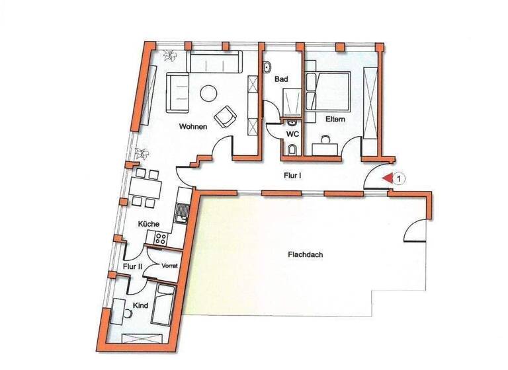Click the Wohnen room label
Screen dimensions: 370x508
tap(194, 126)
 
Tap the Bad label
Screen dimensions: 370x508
tap(281, 79)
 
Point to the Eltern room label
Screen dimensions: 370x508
tap(335, 120)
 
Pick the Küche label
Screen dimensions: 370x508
tap(149, 224)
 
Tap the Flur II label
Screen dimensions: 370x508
tap(133, 266)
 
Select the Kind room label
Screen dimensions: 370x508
tap(140, 305)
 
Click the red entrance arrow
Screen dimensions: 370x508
tap(386, 177)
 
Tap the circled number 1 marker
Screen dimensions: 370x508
tap(399, 177)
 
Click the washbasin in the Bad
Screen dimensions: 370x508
tap(267, 68)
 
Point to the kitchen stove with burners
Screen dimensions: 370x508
tap(158, 239)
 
